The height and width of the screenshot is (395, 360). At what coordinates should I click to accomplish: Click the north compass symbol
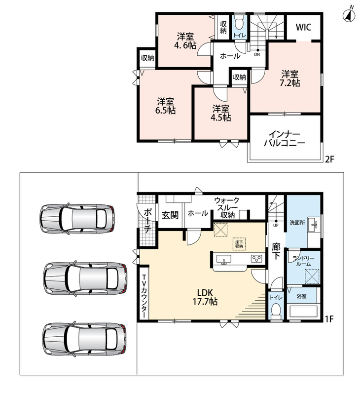point(349,15)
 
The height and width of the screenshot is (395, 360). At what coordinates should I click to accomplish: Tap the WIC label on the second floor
point(303,27)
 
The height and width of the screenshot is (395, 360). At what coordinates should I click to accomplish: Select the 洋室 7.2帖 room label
point(290,79)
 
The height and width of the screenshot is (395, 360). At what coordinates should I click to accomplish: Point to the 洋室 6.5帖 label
point(165,106)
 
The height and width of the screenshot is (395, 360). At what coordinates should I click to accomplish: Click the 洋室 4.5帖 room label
point(220,113)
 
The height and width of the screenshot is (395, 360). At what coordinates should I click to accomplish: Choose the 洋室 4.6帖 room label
point(185,41)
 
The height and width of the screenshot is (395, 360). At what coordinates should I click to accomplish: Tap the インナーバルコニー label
point(285,138)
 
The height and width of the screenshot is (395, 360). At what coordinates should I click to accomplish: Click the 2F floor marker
point(329,159)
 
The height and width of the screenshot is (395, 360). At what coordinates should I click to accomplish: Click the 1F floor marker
point(329,319)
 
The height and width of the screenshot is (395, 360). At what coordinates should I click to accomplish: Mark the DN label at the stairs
point(257,54)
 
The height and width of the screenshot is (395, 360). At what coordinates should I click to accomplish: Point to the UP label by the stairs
point(276,226)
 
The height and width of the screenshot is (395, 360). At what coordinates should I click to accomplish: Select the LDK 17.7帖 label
point(205,297)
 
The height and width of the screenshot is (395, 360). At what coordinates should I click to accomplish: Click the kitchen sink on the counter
point(223,259)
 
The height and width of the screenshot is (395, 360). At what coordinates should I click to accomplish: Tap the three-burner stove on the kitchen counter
point(256,259)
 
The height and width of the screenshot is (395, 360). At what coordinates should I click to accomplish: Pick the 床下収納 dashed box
point(239,244)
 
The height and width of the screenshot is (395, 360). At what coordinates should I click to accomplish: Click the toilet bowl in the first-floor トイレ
point(276,310)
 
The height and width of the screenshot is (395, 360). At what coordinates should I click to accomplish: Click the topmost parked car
point(77,218)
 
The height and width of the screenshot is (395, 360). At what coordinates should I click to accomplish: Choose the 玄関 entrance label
point(170,215)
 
